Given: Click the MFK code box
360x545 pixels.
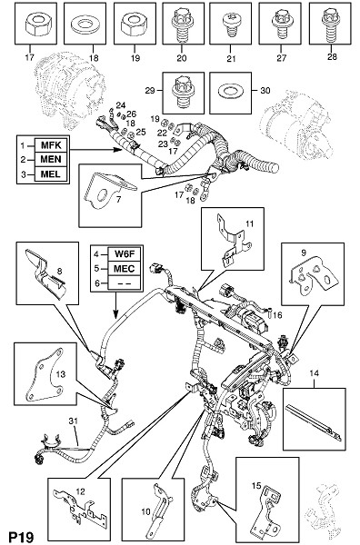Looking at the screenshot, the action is click(52, 144).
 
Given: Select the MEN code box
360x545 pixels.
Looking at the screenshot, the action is click(52, 159).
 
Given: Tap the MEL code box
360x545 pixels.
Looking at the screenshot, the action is click(52, 173).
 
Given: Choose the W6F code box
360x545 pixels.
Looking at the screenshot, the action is click(125, 254).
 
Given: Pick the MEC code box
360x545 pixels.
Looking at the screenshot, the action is click(125, 268).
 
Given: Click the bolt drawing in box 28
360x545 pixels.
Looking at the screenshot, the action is click(330, 25).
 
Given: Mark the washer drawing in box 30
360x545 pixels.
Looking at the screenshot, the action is click(230, 92).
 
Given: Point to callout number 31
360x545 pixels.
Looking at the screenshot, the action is click(74, 421).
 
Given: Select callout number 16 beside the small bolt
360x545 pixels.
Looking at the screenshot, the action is click(277, 315).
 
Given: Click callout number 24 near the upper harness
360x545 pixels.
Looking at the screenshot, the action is click(120, 105).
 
